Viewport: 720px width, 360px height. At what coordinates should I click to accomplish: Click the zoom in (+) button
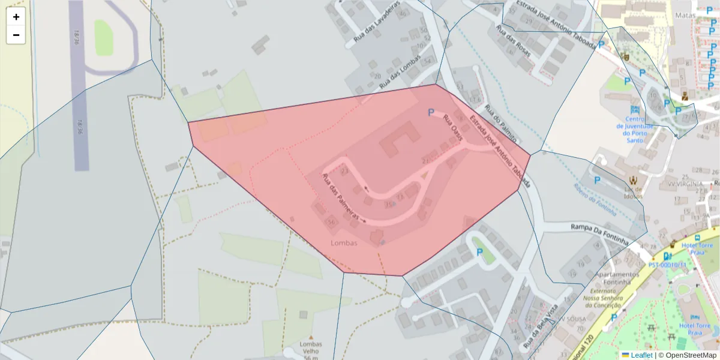pyautogui.click(x=16, y=17)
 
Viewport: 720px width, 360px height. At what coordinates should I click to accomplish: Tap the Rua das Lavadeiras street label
pyautogui.click(x=376, y=25)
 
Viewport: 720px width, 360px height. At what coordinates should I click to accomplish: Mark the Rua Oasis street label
pyautogui.click(x=453, y=128)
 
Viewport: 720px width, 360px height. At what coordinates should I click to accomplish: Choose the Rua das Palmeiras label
pyautogui.click(x=340, y=196)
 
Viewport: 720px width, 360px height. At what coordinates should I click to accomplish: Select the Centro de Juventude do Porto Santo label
pyautogui.click(x=634, y=129)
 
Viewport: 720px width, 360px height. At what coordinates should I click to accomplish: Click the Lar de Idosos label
pyautogui.click(x=632, y=192)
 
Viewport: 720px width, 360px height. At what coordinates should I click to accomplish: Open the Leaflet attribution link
pyautogui.click(x=641, y=355)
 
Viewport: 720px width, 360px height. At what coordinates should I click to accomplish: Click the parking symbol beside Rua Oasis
pyautogui.click(x=431, y=112)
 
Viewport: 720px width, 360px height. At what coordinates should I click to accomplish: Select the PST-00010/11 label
pyautogui.click(x=667, y=264)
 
